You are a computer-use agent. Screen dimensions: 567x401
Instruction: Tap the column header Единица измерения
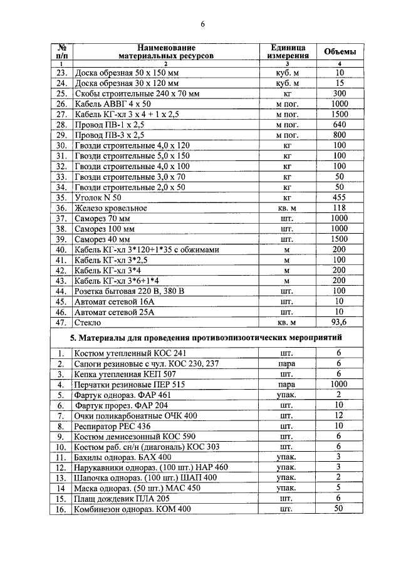288,51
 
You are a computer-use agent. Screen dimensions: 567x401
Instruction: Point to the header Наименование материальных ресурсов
166,51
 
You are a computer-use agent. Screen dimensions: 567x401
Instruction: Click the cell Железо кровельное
111,208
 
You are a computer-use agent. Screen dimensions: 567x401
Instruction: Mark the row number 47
61,322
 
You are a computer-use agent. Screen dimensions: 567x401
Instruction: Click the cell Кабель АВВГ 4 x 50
113,104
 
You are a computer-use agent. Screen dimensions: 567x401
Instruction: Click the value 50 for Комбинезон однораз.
339,509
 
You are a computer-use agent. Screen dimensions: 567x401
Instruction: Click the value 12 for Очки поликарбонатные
339,415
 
